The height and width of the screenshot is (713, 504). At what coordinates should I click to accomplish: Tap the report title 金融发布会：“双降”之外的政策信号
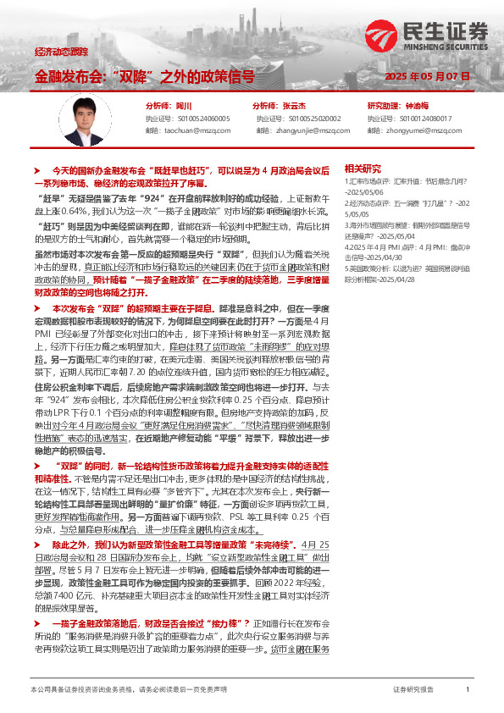click(x=145, y=76)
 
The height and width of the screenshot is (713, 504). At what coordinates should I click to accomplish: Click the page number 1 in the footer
click(x=468, y=691)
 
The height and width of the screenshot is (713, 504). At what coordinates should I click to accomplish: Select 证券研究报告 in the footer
click(x=413, y=691)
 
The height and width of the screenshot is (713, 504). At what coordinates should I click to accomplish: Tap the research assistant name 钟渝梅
click(x=418, y=107)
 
